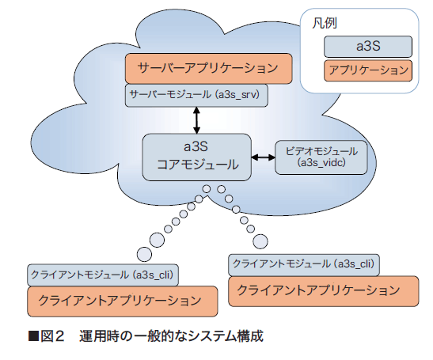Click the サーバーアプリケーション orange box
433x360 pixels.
[208, 69]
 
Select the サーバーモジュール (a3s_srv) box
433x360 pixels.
[196, 96]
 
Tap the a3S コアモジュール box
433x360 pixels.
[196, 157]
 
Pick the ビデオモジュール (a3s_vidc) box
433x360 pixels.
[321, 157]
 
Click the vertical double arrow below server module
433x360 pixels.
[196, 120]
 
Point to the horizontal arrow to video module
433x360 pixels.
[263, 157]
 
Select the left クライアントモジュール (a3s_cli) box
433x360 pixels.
[103, 275]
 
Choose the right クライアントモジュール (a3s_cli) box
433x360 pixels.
[304, 265]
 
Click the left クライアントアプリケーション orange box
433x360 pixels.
[123, 301]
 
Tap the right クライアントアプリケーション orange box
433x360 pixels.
[324, 291]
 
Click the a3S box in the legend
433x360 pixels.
[368, 47]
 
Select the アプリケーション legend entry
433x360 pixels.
[368, 70]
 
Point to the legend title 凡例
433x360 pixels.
[325, 23]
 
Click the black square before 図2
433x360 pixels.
[33, 336]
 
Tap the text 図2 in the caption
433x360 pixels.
[52, 336]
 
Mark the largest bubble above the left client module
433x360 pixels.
[144, 254]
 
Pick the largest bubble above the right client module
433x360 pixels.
[260, 241]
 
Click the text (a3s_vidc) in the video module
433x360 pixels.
[321, 163]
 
